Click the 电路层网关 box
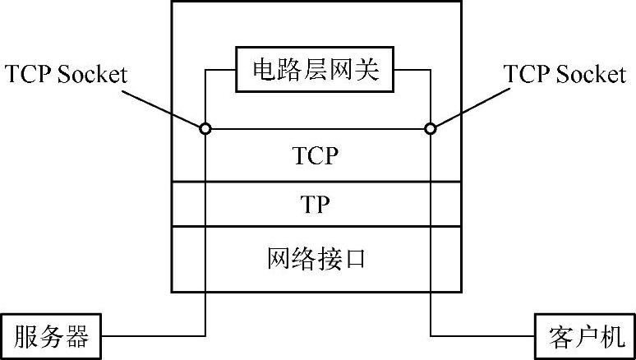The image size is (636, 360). pyautogui.click(x=316, y=71)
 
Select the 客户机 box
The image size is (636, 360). pyautogui.click(x=584, y=336)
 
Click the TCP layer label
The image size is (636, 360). pyautogui.click(x=316, y=155)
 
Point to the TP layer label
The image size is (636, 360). pyautogui.click(x=316, y=205)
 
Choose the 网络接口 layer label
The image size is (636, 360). pyautogui.click(x=316, y=259)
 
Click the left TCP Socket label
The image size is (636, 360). pyautogui.click(x=67, y=74)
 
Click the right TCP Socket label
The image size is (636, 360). pyautogui.click(x=565, y=74)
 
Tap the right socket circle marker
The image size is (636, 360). pyautogui.click(x=429, y=128)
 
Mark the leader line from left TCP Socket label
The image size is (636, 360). pyautogui.click(x=164, y=106)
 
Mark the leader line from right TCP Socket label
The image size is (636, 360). pyautogui.click(x=468, y=106)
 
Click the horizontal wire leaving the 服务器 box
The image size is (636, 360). pyautogui.click(x=152, y=336)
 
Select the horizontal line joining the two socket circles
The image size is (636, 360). pyautogui.click(x=316, y=128)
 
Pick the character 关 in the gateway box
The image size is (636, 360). pyautogui.click(x=367, y=71)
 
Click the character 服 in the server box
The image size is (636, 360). pyautogui.click(x=26, y=336)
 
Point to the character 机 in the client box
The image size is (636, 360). pyautogui.click(x=610, y=336)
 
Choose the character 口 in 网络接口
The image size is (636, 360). pyautogui.click(x=354, y=259)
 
